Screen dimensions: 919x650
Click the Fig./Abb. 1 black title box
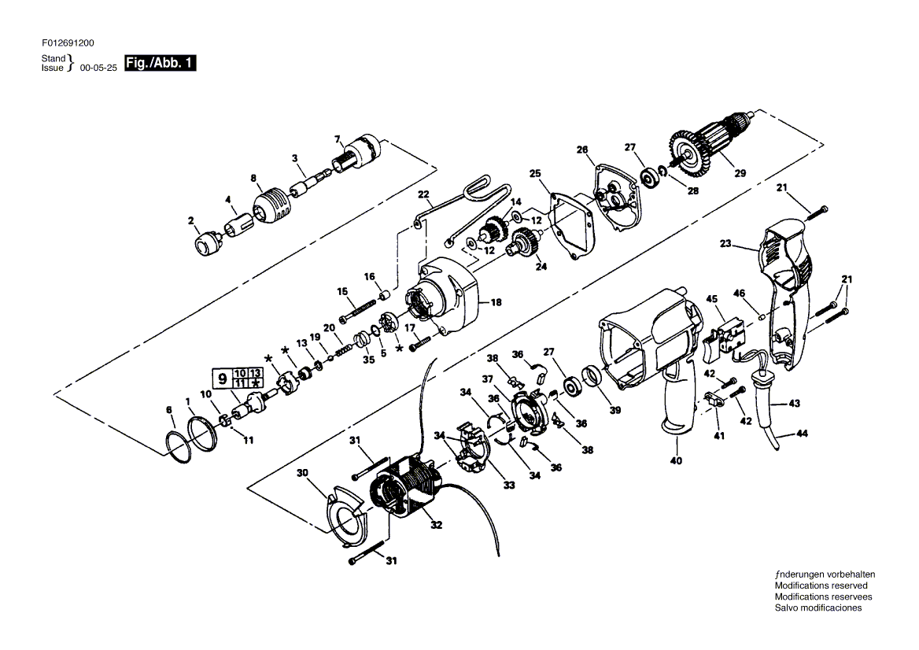tap(161, 63)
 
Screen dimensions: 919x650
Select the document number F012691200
tap(68, 42)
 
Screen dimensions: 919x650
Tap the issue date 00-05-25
tap(98, 68)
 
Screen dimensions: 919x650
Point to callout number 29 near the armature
tap(740, 173)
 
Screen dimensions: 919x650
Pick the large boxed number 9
tap(223, 379)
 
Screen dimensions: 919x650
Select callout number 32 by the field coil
tap(436, 525)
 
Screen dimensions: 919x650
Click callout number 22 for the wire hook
tap(423, 194)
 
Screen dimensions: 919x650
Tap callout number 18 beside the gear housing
tap(496, 302)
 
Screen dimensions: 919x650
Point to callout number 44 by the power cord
tap(802, 433)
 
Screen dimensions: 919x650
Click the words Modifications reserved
tap(821, 585)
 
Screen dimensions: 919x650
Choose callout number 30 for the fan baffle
tap(302, 472)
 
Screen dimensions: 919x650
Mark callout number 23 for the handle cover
tap(725, 242)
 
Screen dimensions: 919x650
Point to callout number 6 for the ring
tap(169, 410)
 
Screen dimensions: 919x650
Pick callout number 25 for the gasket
tap(535, 173)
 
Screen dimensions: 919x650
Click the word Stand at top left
tap(54, 58)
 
